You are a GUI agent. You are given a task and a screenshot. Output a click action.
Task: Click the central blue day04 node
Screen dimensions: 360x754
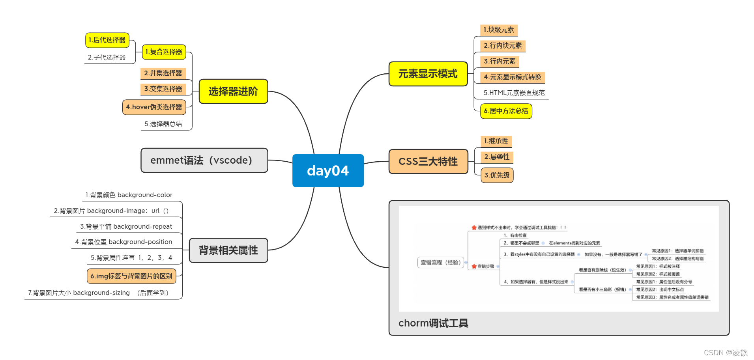[x=328, y=171]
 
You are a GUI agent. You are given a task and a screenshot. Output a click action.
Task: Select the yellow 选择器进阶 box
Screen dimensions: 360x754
[x=233, y=91]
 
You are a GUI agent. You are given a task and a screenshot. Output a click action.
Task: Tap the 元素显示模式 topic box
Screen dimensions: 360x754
[x=428, y=74]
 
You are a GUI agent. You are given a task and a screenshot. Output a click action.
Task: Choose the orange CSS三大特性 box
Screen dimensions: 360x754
[x=428, y=161]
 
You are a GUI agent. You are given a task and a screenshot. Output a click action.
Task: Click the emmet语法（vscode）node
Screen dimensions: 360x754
[x=204, y=160]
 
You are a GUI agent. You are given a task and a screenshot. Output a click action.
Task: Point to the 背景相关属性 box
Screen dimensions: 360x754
[x=228, y=250]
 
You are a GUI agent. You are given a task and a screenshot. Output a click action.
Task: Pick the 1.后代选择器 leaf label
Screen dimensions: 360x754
[x=107, y=40]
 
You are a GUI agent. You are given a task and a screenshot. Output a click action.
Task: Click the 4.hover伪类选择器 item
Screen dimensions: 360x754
[x=154, y=107]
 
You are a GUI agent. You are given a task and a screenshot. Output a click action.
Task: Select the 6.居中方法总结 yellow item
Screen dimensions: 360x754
[x=506, y=111]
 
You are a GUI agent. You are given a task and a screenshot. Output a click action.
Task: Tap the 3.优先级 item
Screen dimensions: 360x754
[x=497, y=175]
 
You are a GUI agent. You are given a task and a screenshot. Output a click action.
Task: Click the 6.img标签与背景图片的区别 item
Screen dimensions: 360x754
[x=131, y=276]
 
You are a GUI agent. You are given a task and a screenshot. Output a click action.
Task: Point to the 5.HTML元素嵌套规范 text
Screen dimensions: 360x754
[x=514, y=93]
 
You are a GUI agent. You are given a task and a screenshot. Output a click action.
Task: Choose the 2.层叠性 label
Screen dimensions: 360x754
[x=497, y=157]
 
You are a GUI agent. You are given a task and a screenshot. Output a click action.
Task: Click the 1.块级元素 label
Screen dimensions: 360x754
[x=499, y=30]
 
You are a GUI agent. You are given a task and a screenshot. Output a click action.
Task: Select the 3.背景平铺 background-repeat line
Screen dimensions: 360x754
[x=126, y=227]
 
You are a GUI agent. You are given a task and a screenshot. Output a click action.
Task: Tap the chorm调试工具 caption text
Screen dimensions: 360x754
[x=433, y=323]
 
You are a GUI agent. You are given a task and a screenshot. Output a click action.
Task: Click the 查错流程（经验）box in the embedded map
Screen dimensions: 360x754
[x=440, y=263]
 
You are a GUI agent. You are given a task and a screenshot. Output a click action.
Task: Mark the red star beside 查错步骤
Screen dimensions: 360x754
[x=474, y=267]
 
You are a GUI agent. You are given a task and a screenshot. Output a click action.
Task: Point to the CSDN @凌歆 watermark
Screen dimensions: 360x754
[x=726, y=353]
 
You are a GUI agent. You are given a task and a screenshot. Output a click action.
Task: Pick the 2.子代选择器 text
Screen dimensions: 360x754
[x=107, y=58]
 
